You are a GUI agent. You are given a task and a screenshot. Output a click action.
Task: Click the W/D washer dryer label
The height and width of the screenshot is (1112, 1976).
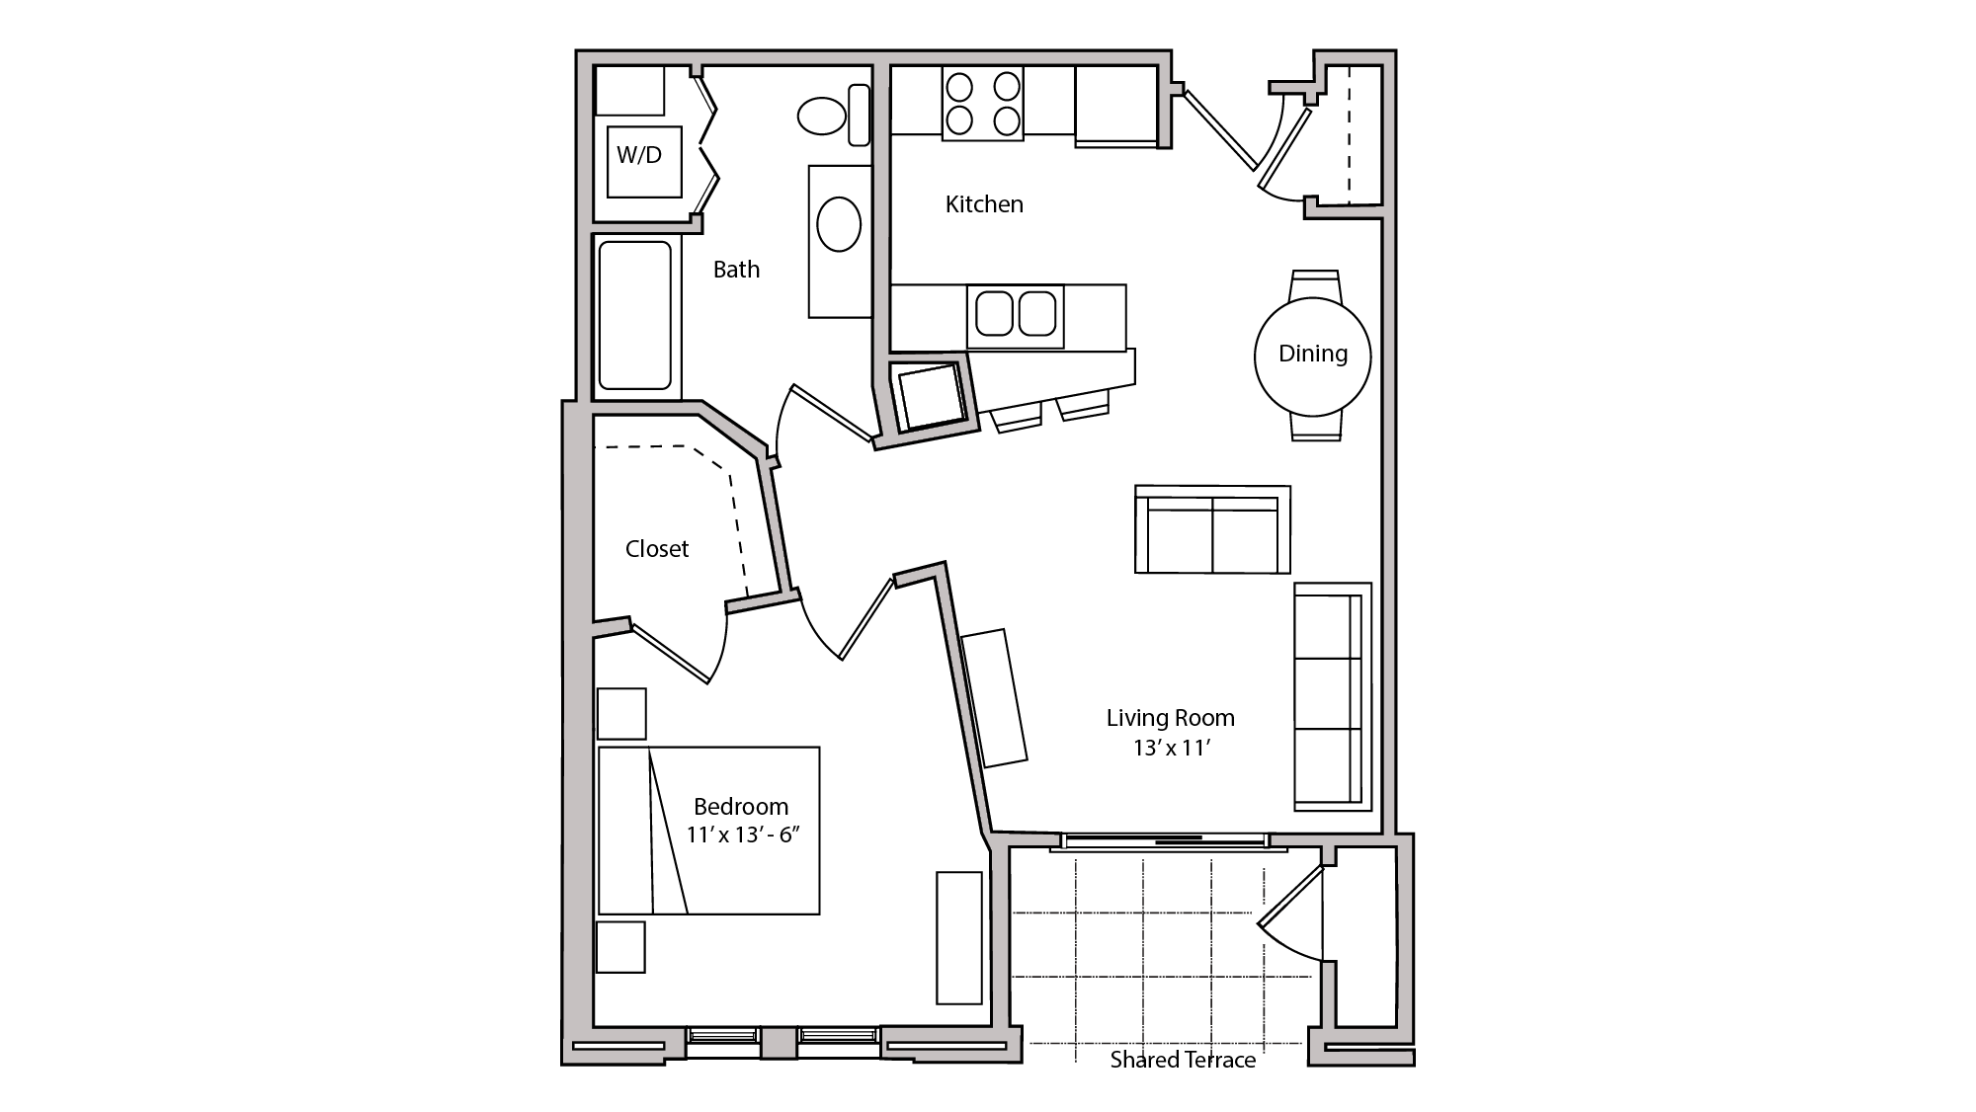coord(639,155)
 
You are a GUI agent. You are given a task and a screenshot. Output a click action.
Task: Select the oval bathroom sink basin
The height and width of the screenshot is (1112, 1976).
coord(838,224)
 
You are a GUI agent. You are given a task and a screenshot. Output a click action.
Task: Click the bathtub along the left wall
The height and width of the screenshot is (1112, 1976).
coord(634,315)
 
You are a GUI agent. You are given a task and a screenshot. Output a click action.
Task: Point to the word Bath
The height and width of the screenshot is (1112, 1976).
coord(736,270)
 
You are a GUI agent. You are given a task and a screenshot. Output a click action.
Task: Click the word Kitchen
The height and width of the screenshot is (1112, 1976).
coord(984,204)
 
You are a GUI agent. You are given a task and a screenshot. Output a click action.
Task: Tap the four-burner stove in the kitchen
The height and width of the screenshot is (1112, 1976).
coord(982,104)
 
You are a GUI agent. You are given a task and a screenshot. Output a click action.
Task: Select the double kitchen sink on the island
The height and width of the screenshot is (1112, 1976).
coord(1016,313)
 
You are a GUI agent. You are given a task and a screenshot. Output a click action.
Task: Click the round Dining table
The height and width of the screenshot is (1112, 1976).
coord(1312,356)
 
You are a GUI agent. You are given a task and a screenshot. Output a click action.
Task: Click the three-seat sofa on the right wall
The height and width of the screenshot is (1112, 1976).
coord(1332,696)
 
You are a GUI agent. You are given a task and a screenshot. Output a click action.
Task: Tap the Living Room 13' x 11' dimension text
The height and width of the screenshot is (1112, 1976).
coord(1171,748)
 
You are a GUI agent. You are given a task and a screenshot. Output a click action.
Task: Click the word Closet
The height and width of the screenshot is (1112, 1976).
coord(657,549)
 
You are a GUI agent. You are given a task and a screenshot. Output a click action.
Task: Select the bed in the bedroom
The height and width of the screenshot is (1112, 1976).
coord(708,831)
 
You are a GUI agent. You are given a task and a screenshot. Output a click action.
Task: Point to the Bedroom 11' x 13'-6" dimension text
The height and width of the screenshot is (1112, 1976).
coord(742,834)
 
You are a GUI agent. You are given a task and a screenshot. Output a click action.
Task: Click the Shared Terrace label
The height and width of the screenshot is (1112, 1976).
coord(1183,1060)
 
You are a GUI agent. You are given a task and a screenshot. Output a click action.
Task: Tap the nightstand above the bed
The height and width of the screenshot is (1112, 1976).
coord(621,714)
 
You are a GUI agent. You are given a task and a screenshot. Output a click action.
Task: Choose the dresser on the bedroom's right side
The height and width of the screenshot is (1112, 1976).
coord(958,937)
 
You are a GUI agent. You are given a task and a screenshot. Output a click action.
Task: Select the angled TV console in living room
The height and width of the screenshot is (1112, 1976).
coord(994,696)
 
